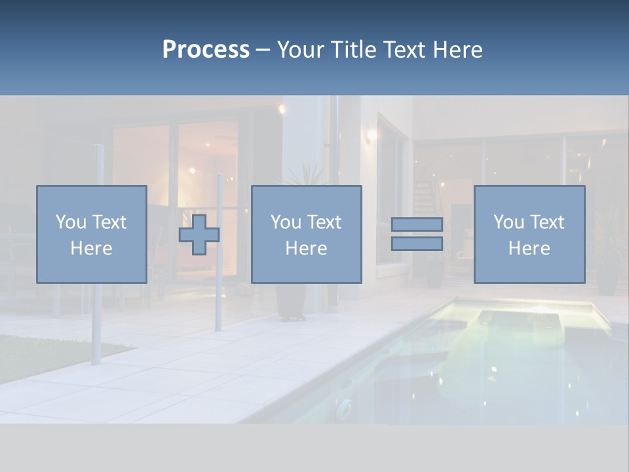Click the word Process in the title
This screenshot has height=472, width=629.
206,50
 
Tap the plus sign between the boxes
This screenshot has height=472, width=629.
199,235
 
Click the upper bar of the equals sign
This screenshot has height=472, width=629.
417,224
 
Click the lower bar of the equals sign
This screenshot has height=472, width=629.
417,244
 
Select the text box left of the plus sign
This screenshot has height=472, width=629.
92,234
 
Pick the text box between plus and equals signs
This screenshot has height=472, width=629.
306,234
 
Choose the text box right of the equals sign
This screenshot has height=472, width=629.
529,234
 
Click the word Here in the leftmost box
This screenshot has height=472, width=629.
91,248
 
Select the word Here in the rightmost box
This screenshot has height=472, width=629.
529,248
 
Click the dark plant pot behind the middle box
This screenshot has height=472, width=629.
290,302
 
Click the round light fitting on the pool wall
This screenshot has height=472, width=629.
345,407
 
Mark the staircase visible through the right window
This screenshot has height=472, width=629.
426,193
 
